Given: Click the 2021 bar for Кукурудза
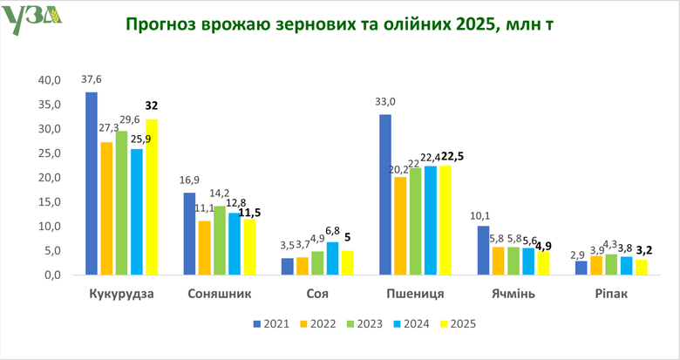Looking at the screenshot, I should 92,183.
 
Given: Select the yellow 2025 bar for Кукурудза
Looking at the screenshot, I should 152,197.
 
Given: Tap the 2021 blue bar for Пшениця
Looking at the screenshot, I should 385,194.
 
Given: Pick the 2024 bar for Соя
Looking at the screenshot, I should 332,258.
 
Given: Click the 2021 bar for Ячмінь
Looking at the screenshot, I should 484,250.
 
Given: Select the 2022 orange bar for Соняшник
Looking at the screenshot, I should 204,248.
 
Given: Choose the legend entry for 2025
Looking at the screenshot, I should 463,323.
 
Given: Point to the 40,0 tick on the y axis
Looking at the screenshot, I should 49,80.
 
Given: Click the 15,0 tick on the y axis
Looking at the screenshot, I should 49,202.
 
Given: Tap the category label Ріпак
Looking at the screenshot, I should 611,294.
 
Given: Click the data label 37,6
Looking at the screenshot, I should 92,78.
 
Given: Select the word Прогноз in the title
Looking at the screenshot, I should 160,24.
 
